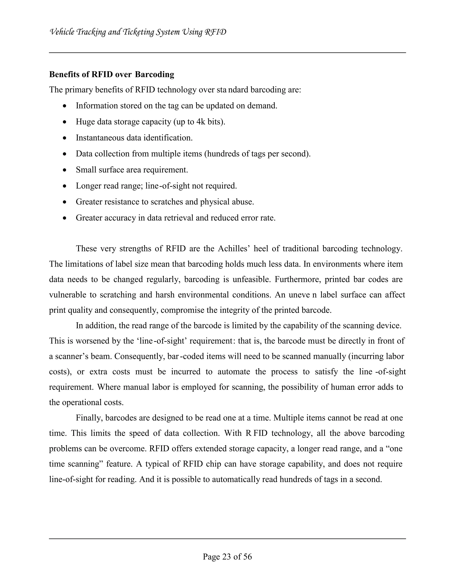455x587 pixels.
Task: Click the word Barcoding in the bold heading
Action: click(154, 74)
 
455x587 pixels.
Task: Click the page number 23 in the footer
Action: click(227, 556)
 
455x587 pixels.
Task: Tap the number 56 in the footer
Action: click(247, 556)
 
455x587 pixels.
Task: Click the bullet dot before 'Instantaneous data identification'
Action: click(64, 138)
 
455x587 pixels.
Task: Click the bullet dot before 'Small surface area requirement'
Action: click(64, 170)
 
